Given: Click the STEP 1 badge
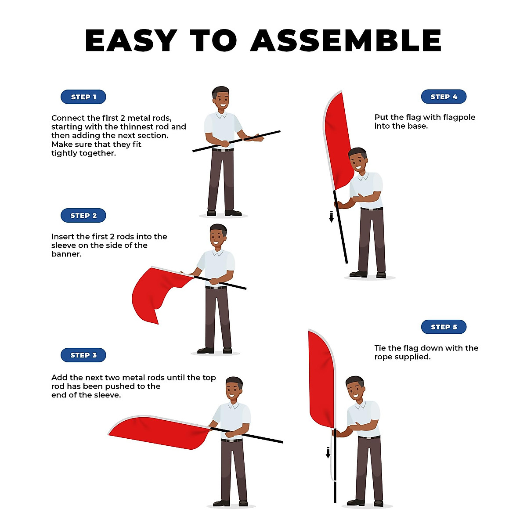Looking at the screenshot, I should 83,97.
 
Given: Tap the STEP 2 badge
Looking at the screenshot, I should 83,216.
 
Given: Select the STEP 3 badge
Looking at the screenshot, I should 83,355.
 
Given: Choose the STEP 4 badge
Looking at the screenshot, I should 444,97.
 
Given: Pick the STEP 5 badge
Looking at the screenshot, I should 444,327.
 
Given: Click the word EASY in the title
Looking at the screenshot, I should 131,41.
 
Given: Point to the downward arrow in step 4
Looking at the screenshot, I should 332,217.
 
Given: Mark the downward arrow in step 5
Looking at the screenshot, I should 328,452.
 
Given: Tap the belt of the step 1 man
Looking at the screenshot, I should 223,150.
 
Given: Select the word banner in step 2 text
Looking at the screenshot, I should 66,254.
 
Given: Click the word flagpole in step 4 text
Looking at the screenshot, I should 457,117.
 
